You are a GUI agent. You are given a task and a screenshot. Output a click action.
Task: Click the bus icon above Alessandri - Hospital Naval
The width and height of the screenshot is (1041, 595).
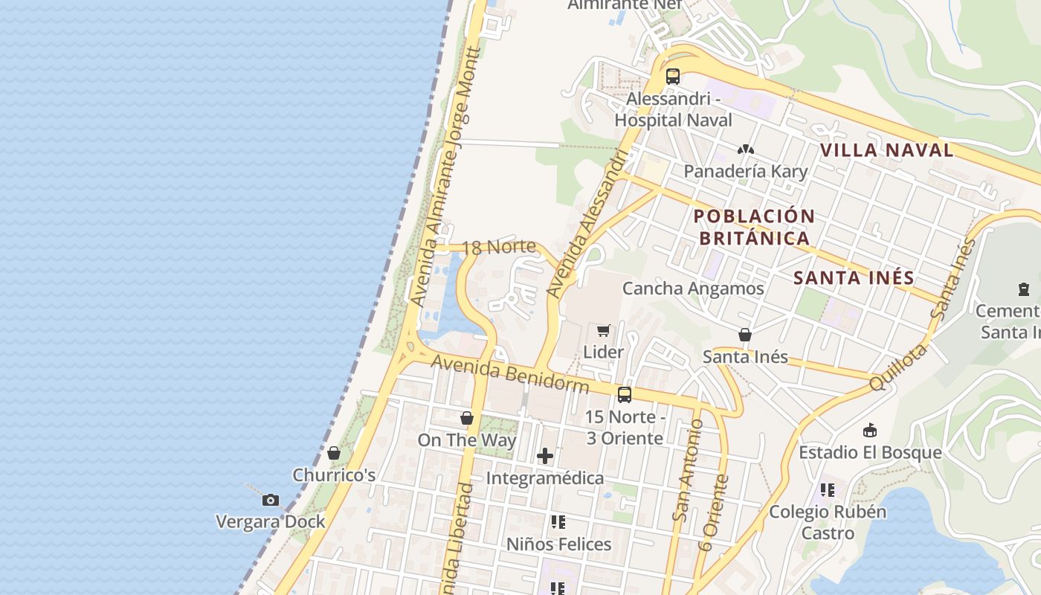coord(673,76)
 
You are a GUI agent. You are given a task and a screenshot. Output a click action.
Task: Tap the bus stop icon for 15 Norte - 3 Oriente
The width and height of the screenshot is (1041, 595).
coord(625,395)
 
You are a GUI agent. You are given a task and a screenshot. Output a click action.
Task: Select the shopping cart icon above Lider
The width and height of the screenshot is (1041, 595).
coord(604,330)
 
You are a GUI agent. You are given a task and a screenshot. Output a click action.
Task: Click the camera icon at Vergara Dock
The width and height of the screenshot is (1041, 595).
coord(271,500)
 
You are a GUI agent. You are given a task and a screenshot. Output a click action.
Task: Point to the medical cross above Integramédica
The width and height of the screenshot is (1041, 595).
coord(545,455)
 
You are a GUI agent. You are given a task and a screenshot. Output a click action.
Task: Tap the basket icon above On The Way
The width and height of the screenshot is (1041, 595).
coord(467,418)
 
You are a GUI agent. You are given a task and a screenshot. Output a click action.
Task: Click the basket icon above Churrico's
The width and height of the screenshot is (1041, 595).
coord(334,453)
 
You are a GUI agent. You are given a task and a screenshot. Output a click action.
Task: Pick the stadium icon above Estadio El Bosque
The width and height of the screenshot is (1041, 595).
coord(870,430)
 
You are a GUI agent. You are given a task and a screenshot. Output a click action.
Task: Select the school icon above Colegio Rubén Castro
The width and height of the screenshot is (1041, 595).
coord(828,490)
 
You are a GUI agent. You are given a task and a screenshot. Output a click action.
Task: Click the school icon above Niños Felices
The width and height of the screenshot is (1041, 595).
coord(558,522)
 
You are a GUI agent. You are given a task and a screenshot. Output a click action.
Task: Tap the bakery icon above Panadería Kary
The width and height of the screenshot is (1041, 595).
coord(745,149)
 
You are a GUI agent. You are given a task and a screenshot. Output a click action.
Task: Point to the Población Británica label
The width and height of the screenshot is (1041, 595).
coord(754,227)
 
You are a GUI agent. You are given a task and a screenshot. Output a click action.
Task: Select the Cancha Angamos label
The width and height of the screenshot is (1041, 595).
coord(693,289)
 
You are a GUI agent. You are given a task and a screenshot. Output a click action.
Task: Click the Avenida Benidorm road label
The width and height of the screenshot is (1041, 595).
coord(510,374)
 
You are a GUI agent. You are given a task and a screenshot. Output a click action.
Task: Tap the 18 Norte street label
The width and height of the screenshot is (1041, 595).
coord(499,247)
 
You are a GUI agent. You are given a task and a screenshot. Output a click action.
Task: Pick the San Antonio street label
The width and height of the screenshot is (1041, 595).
coord(688,470)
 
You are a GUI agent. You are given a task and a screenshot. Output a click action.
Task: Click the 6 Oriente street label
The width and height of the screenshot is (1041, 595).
coord(715,513)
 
